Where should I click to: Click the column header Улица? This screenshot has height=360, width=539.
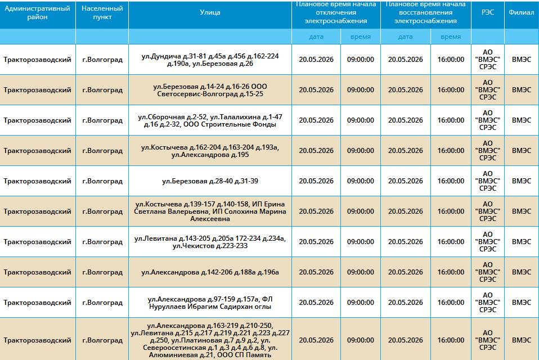(x=210, y=12)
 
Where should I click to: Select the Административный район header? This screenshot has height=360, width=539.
(x=38, y=13)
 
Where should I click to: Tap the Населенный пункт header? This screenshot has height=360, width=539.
(x=102, y=13)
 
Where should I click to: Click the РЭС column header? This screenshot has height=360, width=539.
(x=487, y=12)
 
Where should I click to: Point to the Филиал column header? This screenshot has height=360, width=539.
(x=522, y=12)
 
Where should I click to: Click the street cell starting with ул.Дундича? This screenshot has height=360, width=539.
(x=210, y=60)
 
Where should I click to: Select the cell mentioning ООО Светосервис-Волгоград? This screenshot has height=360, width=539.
(x=210, y=90)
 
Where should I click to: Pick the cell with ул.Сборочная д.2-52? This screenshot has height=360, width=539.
(x=210, y=120)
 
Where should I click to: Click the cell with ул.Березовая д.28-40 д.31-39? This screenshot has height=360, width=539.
(x=210, y=181)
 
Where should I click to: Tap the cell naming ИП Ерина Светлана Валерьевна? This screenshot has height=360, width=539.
(x=210, y=211)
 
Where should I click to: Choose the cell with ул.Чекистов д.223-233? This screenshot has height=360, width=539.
(x=210, y=242)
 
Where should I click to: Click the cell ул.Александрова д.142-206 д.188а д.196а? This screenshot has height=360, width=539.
(x=210, y=272)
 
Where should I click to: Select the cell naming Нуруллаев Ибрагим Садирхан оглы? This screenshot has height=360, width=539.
(x=210, y=303)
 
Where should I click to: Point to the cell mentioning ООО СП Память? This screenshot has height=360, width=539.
(x=210, y=340)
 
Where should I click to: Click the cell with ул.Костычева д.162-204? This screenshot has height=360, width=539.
(x=210, y=151)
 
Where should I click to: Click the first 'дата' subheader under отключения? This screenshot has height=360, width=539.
(x=316, y=37)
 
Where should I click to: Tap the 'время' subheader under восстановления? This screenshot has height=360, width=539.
(x=451, y=37)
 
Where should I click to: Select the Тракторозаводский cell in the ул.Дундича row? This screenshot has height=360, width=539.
(x=38, y=60)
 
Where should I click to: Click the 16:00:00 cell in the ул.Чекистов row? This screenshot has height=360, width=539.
(x=451, y=242)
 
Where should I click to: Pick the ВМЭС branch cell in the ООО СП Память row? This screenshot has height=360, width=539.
(x=522, y=340)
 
